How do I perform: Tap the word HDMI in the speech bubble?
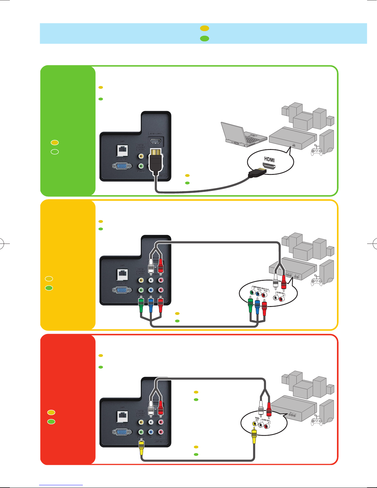pyautogui.click(x=269, y=159)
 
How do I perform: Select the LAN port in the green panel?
pyautogui.click(x=122, y=151)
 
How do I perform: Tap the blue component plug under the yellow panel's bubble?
pyautogui.click(x=257, y=306)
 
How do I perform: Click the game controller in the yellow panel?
pyautogui.click(x=316, y=282)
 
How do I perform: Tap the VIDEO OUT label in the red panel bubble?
pyautogui.click(x=257, y=419)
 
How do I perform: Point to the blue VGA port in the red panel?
pyautogui.click(x=122, y=432)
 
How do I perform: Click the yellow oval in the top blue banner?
pyautogui.click(x=205, y=28)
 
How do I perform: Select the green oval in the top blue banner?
pyautogui.click(x=205, y=38)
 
